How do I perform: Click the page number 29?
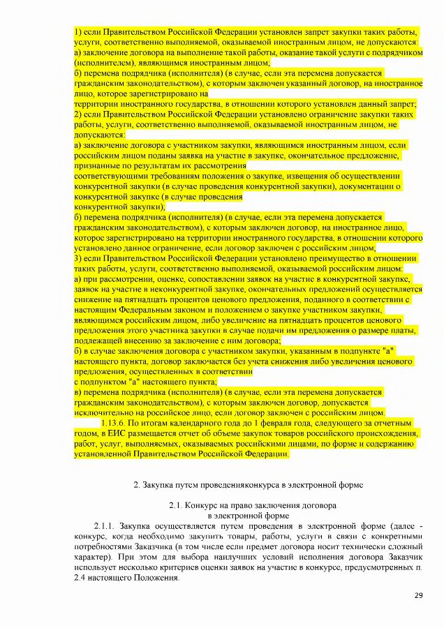tap(419, 595)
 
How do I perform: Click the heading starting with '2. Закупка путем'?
tap(248, 484)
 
